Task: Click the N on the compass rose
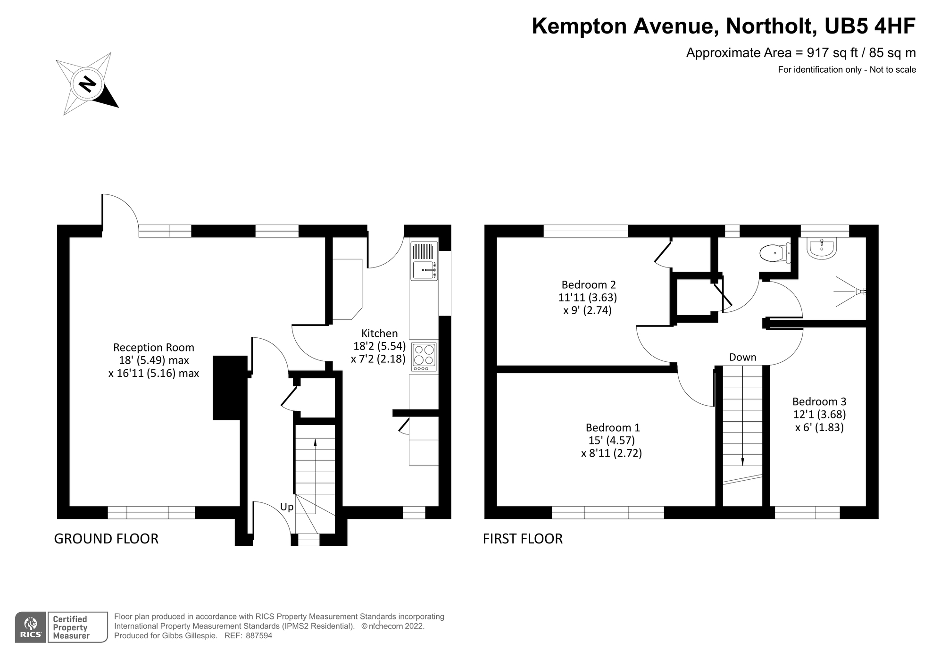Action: pyautogui.click(x=87, y=84)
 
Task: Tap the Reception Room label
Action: pyautogui.click(x=153, y=348)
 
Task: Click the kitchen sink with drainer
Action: pyautogui.click(x=424, y=262)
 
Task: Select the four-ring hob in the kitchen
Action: pyautogui.click(x=424, y=357)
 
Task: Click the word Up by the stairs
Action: pyautogui.click(x=287, y=507)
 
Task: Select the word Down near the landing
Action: pyautogui.click(x=742, y=358)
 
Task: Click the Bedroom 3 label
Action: pyautogui.click(x=819, y=401)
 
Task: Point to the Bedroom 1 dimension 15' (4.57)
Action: pyautogui.click(x=611, y=441)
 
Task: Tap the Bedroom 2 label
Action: pyautogui.click(x=588, y=284)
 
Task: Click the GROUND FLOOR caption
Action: pyautogui.click(x=106, y=539)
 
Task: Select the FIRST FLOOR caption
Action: pyautogui.click(x=523, y=539)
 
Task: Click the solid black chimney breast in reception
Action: pyautogui.click(x=230, y=388)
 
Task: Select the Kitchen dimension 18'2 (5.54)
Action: pyautogui.click(x=379, y=346)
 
